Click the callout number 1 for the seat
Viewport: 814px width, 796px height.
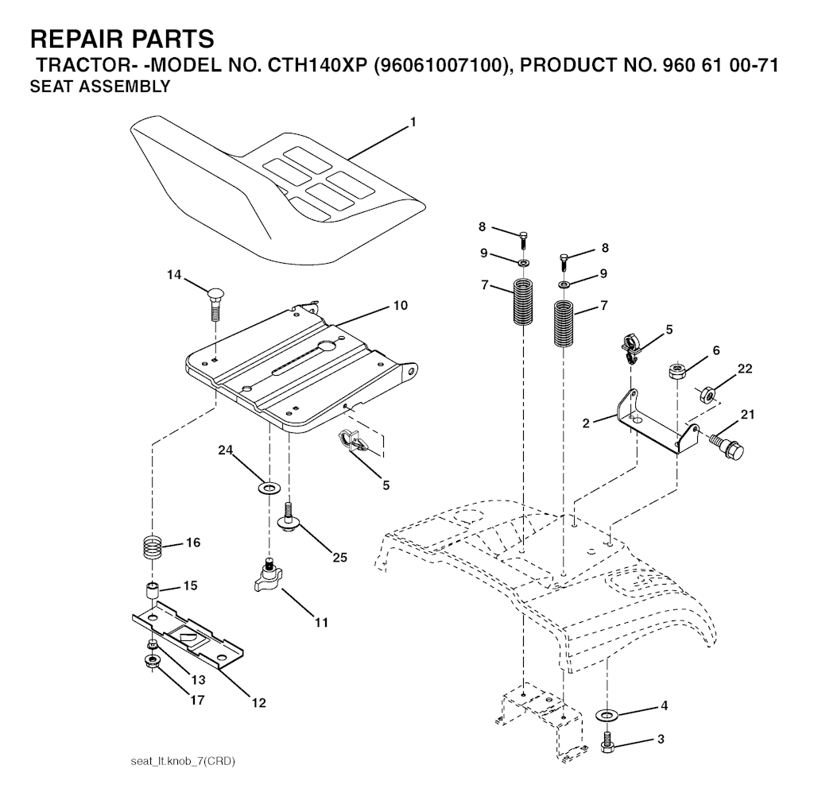point(413,122)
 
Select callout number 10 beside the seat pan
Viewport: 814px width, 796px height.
point(400,305)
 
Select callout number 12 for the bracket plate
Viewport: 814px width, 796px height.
point(259,702)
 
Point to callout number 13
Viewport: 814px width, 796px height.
point(197,679)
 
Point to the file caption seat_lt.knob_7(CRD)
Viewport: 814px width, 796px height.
point(182,761)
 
